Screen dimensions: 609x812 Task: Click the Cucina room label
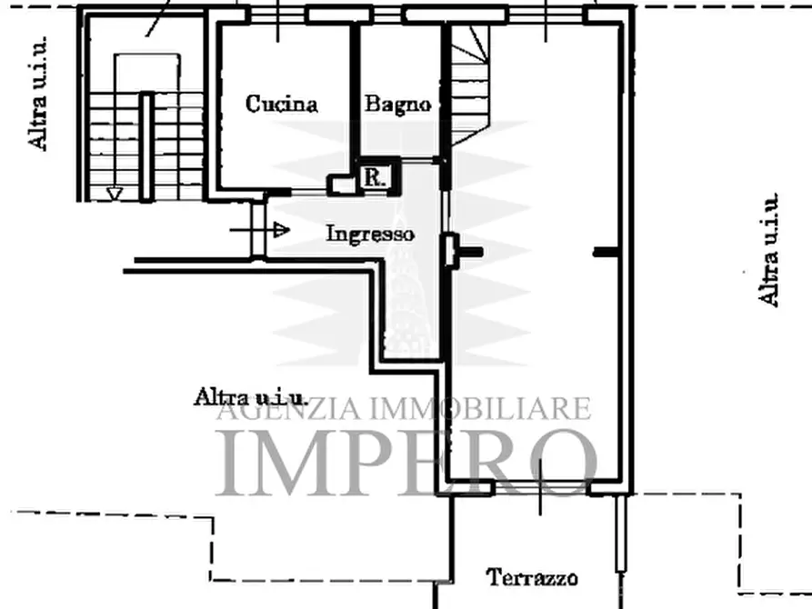pyautogui.click(x=282, y=104)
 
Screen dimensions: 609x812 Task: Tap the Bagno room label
pyautogui.click(x=397, y=104)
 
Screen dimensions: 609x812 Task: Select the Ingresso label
pyautogui.click(x=370, y=234)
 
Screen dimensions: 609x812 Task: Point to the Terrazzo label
pyautogui.click(x=533, y=576)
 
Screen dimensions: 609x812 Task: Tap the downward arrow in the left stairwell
pyautogui.click(x=115, y=192)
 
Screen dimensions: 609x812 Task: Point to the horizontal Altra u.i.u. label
pyautogui.click(x=250, y=396)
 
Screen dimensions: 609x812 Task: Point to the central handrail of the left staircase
pyautogui.click(x=145, y=145)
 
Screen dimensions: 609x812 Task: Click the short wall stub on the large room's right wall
pyautogui.click(x=603, y=254)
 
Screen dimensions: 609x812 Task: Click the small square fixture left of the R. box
pyautogui.click(x=342, y=185)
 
